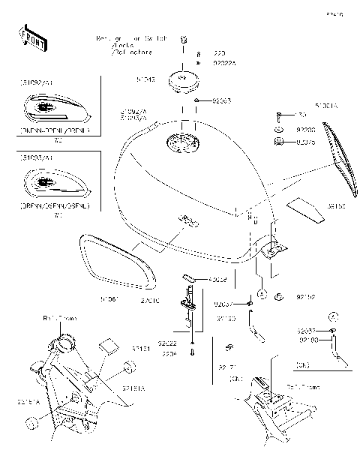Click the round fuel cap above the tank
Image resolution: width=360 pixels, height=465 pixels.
181,79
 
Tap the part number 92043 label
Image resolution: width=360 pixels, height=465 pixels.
221,100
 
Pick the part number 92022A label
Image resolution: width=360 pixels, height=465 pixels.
224,64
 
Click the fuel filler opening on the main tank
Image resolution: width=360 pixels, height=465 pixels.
178,142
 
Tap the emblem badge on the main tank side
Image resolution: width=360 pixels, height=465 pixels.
186,220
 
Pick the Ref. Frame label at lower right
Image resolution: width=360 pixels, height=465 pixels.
304,387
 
